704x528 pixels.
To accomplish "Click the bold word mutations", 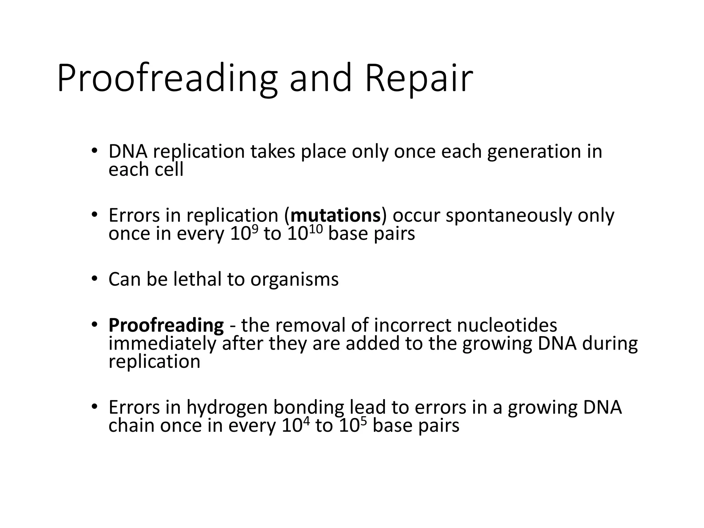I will coord(335,216).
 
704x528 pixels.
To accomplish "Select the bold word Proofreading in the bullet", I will coord(166,326).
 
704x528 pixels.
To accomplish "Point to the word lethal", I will coord(197,279).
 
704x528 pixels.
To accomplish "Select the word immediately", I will coord(162,344).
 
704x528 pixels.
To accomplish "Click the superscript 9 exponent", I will coord(255,227).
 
